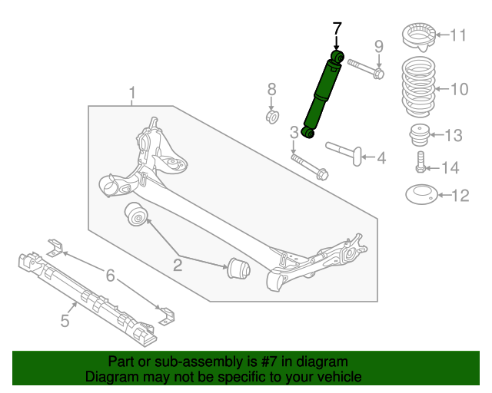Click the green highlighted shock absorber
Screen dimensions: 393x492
[x=322, y=97]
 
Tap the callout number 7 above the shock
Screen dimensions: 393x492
[x=336, y=29]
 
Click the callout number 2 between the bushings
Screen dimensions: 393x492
[x=178, y=266]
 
